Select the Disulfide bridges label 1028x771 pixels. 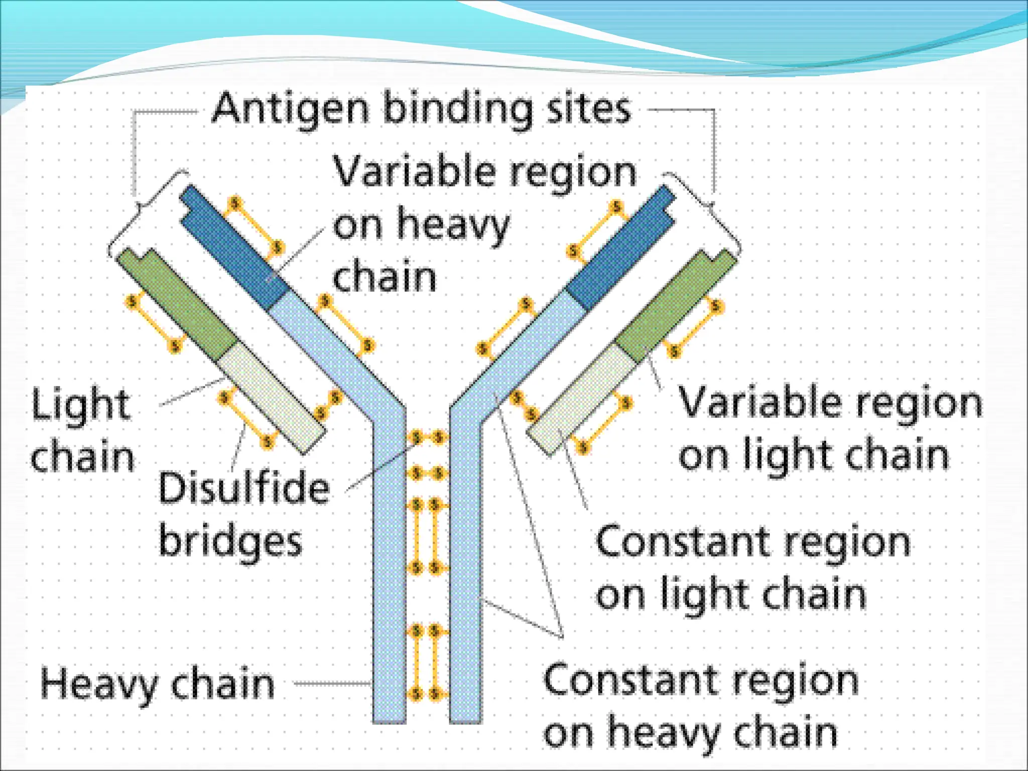pos(243,514)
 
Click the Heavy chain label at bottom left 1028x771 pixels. pos(158,684)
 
